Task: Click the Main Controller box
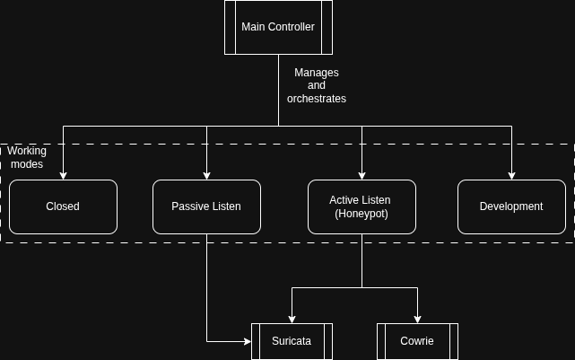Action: click(278, 27)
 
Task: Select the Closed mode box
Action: click(63, 206)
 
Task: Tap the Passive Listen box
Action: click(206, 206)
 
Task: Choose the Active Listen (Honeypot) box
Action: click(362, 206)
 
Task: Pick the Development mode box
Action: click(511, 206)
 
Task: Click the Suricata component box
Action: click(292, 341)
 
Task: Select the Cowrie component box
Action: click(417, 341)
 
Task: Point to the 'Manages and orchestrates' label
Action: click(316, 85)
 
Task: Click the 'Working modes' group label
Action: click(26, 157)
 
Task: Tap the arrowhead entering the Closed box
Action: click(63, 175)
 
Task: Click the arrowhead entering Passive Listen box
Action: click(206, 175)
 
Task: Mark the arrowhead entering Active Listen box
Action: click(362, 175)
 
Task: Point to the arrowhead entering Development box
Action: click(511, 175)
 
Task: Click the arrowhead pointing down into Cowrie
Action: click(417, 319)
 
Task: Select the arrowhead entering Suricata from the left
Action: click(247, 341)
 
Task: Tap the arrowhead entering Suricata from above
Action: click(292, 319)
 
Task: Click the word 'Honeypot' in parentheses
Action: click(362, 214)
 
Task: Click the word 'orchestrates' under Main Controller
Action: click(316, 99)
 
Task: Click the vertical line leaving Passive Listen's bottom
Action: click(206, 287)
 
